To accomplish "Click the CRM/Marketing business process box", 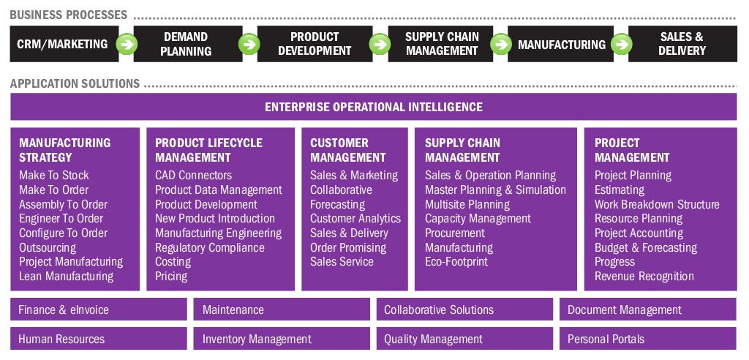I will coord(62,44).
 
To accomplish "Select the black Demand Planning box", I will coord(186,44).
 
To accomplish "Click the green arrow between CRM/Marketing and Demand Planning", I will coord(127,44).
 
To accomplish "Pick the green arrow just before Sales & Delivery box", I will coord(620,44).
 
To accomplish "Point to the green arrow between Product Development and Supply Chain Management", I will coord(380,44).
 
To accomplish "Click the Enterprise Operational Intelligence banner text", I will coord(373,107).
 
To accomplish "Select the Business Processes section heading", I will coord(69,15).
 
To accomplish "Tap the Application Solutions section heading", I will coord(75,83).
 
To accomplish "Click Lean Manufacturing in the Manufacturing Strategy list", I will coord(66,276).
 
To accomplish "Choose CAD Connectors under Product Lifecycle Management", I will coord(193,176).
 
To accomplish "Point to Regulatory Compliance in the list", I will coord(209,247).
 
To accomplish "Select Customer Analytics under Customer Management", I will coord(355,218).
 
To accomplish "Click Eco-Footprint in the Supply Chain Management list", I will coord(456,261).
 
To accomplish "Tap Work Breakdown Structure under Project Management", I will coord(656,204).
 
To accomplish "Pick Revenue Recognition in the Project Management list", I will coord(644,276).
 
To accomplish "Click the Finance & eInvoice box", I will coord(99,310).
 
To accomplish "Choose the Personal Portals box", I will coord(648,339).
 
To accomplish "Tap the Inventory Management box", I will coord(282,339).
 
